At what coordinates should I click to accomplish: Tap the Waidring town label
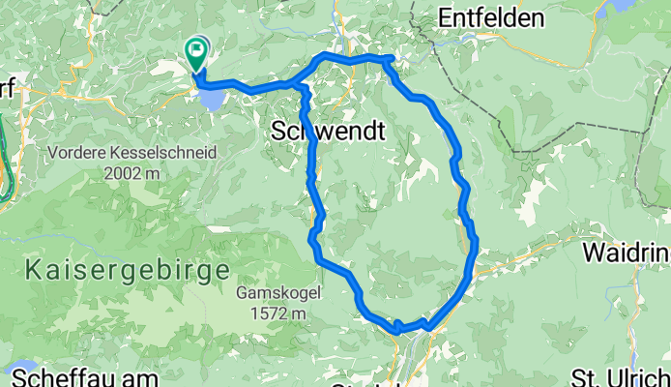pyautogui.click(x=627, y=253)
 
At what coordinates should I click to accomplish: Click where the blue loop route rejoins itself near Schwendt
pyautogui.click(x=302, y=87)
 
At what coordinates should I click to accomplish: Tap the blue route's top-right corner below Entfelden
pyautogui.click(x=389, y=60)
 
